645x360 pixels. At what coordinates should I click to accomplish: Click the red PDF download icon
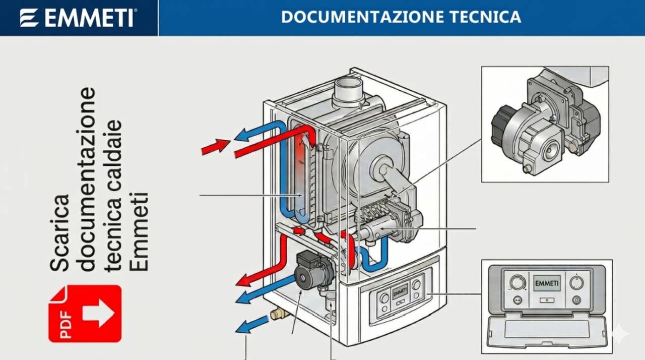coord(85,313)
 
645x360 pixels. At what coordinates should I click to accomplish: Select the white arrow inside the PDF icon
coord(98,313)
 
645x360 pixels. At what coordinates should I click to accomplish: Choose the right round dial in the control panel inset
coord(576,282)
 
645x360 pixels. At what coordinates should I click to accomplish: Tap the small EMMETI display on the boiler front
coord(400,291)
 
